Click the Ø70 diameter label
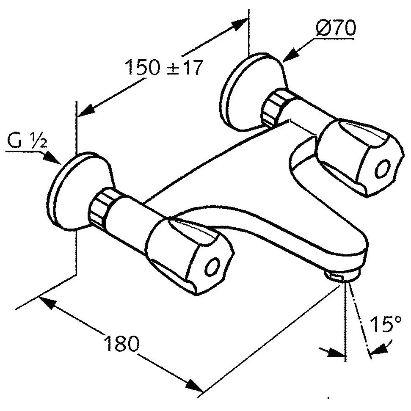click(x=336, y=28)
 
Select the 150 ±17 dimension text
click(x=164, y=67)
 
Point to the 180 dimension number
click(x=122, y=343)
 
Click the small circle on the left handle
click(x=212, y=267)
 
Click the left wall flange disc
click(x=79, y=191)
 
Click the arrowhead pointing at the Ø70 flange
click(x=290, y=55)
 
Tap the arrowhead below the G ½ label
click(x=51, y=158)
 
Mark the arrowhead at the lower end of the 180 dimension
click(x=195, y=386)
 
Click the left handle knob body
click(x=190, y=256)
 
